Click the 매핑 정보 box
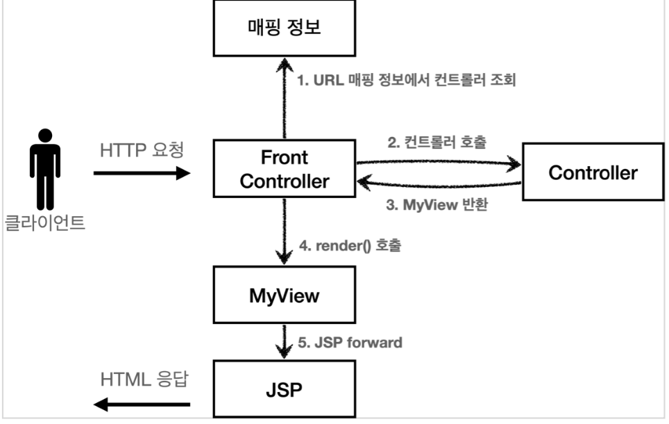[x=284, y=28]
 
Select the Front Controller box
[x=284, y=168]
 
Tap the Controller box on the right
[x=593, y=172]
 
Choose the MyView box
[x=284, y=295]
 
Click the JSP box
[x=284, y=389]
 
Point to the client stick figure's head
[x=45, y=136]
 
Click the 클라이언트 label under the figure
[x=45, y=222]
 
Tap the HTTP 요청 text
[x=142, y=150]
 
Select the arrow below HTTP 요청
[x=142, y=173]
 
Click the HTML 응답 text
[x=144, y=379]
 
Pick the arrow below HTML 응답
[x=142, y=405]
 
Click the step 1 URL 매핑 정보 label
[x=407, y=80]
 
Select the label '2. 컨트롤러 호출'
[x=437, y=142]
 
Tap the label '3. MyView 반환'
[x=437, y=205]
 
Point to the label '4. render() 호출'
[x=350, y=246]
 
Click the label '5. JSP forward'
[x=350, y=343]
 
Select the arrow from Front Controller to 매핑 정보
[x=285, y=98]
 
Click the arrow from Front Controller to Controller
[x=439, y=163]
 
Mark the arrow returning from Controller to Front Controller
[x=439, y=184]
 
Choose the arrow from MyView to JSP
[x=284, y=341]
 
